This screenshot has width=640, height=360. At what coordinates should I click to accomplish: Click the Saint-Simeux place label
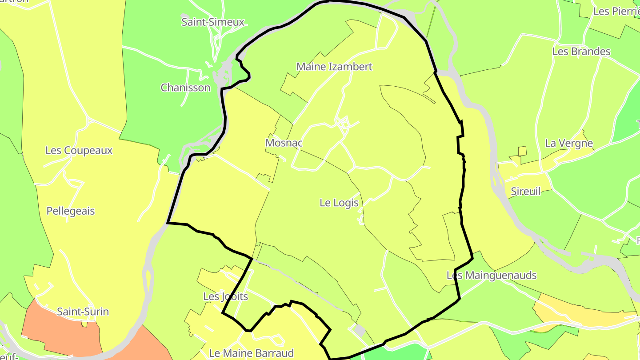click(x=213, y=22)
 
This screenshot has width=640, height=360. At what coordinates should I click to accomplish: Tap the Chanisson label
click(x=185, y=88)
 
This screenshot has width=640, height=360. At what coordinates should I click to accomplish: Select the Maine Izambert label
click(x=334, y=67)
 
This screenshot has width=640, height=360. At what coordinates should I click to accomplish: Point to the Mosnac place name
click(x=284, y=143)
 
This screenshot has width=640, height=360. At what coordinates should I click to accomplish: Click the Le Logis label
click(x=339, y=203)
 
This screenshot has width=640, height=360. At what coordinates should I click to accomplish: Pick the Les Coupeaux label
click(x=79, y=150)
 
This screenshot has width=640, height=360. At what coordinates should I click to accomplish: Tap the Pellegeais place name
click(x=71, y=211)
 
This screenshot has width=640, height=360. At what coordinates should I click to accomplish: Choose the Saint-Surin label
click(x=83, y=312)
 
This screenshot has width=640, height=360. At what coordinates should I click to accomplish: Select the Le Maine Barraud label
click(x=252, y=353)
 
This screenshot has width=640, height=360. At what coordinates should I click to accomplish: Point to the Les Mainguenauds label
click(x=492, y=276)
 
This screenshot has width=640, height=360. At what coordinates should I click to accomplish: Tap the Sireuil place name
click(x=526, y=192)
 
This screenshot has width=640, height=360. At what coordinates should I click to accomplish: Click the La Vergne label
click(x=569, y=143)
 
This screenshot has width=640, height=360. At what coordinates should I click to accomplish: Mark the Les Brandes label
click(x=581, y=52)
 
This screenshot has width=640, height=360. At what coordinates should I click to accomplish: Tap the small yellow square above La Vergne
click(x=522, y=151)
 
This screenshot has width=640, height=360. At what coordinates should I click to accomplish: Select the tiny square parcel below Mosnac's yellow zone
click(x=258, y=244)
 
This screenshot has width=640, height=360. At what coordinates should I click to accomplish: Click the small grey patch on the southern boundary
click(x=360, y=330)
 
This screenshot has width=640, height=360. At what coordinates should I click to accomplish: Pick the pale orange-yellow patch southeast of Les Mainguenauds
click(x=578, y=313)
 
